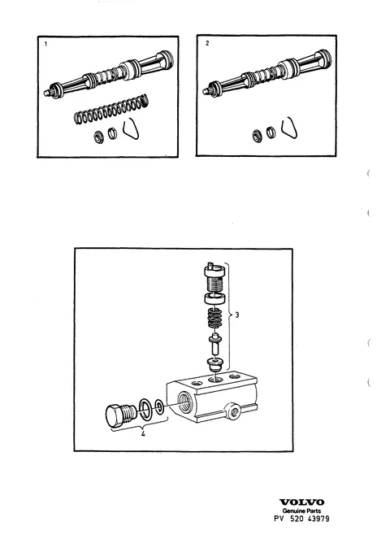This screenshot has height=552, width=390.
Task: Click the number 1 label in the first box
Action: [45, 44]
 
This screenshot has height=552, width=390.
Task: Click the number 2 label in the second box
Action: [207, 43]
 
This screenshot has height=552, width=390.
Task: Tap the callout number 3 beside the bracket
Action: [237, 315]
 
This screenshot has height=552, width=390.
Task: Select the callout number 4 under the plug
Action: [143, 434]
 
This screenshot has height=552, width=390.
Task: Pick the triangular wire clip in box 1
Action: [131, 128]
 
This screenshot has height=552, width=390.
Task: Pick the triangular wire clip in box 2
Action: [290, 127]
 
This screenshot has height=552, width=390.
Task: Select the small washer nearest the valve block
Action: [160, 407]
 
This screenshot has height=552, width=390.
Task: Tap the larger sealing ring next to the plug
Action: [145, 410]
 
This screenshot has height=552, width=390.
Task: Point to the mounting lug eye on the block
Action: [232, 411]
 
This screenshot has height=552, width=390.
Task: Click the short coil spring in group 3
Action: [215, 317]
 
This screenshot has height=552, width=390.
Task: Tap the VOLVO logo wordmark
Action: [301, 502]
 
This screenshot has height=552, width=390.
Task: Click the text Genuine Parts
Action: [301, 511]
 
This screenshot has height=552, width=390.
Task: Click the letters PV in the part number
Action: [279, 519]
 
